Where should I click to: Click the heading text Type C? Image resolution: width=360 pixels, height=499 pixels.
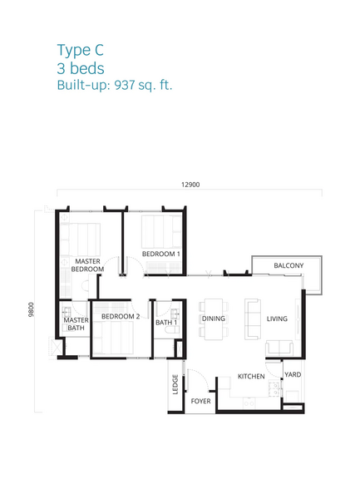pos(80,51)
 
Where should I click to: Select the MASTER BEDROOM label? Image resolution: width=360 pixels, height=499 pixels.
pos(87,265)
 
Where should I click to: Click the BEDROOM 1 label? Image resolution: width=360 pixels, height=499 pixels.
pos(160,254)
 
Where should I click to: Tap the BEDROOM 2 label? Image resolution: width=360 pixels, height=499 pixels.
pos(120,317)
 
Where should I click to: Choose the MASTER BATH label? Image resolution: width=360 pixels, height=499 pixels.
pos(76,324)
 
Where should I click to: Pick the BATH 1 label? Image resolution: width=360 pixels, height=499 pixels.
pos(165,323)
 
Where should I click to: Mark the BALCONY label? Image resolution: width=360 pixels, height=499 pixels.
pos(288,265)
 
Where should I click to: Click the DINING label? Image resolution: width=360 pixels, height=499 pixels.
pos(214,319)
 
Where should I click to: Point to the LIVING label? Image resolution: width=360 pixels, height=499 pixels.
pos(277,319)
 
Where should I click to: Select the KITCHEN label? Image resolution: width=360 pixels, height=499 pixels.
pos(251,377)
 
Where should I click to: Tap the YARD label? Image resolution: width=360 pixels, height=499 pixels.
pos(293,375)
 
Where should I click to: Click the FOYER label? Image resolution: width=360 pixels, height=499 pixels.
pos(201,401)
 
